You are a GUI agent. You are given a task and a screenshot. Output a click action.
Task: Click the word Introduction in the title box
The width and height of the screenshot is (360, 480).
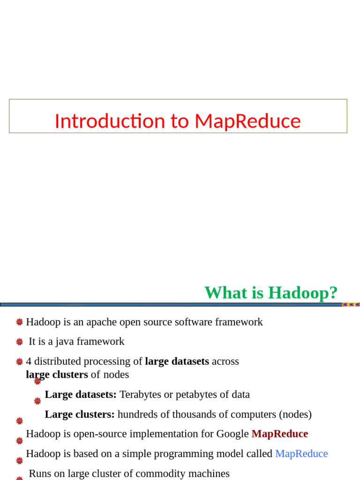tap(110, 121)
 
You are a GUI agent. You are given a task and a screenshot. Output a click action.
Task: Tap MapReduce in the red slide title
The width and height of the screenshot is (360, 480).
tap(247, 121)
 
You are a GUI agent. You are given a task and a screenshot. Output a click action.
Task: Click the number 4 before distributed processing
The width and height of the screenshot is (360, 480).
tap(29, 361)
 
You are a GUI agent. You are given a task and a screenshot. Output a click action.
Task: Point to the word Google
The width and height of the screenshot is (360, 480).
tap(232, 434)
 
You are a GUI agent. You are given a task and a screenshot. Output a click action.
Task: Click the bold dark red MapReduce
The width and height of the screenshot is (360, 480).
tap(280, 434)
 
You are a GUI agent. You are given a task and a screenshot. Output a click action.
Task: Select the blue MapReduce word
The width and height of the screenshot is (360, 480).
tap(301, 454)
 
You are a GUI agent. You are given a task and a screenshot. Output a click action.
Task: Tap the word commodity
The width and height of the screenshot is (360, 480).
tap(147, 473)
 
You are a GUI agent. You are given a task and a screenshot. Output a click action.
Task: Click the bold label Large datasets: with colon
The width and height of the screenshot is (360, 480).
tap(81, 395)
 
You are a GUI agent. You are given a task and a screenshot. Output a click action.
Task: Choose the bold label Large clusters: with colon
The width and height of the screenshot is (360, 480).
tap(80, 414)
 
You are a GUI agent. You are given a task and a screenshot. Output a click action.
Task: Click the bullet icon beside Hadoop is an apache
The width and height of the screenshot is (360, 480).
tap(19, 322)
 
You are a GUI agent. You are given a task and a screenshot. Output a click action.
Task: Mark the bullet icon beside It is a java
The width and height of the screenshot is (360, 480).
tap(19, 342)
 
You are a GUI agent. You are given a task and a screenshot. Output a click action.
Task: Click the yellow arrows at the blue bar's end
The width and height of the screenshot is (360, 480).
tap(351, 305)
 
